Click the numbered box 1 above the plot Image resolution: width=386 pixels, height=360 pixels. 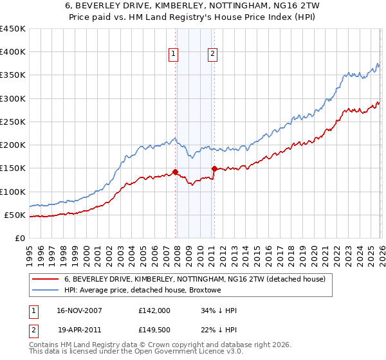tap(174, 55)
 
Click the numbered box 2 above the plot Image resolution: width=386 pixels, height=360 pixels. tap(212, 55)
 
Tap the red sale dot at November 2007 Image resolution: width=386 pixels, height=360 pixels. tap(175, 172)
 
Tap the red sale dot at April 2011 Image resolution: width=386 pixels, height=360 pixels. tap(214, 168)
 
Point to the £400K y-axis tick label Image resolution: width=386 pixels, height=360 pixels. tap(13, 52)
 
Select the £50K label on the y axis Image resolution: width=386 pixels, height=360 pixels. tap(15, 215)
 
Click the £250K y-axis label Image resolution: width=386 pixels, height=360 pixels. tap(13, 122)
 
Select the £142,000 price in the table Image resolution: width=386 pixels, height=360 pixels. tap(154, 310)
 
